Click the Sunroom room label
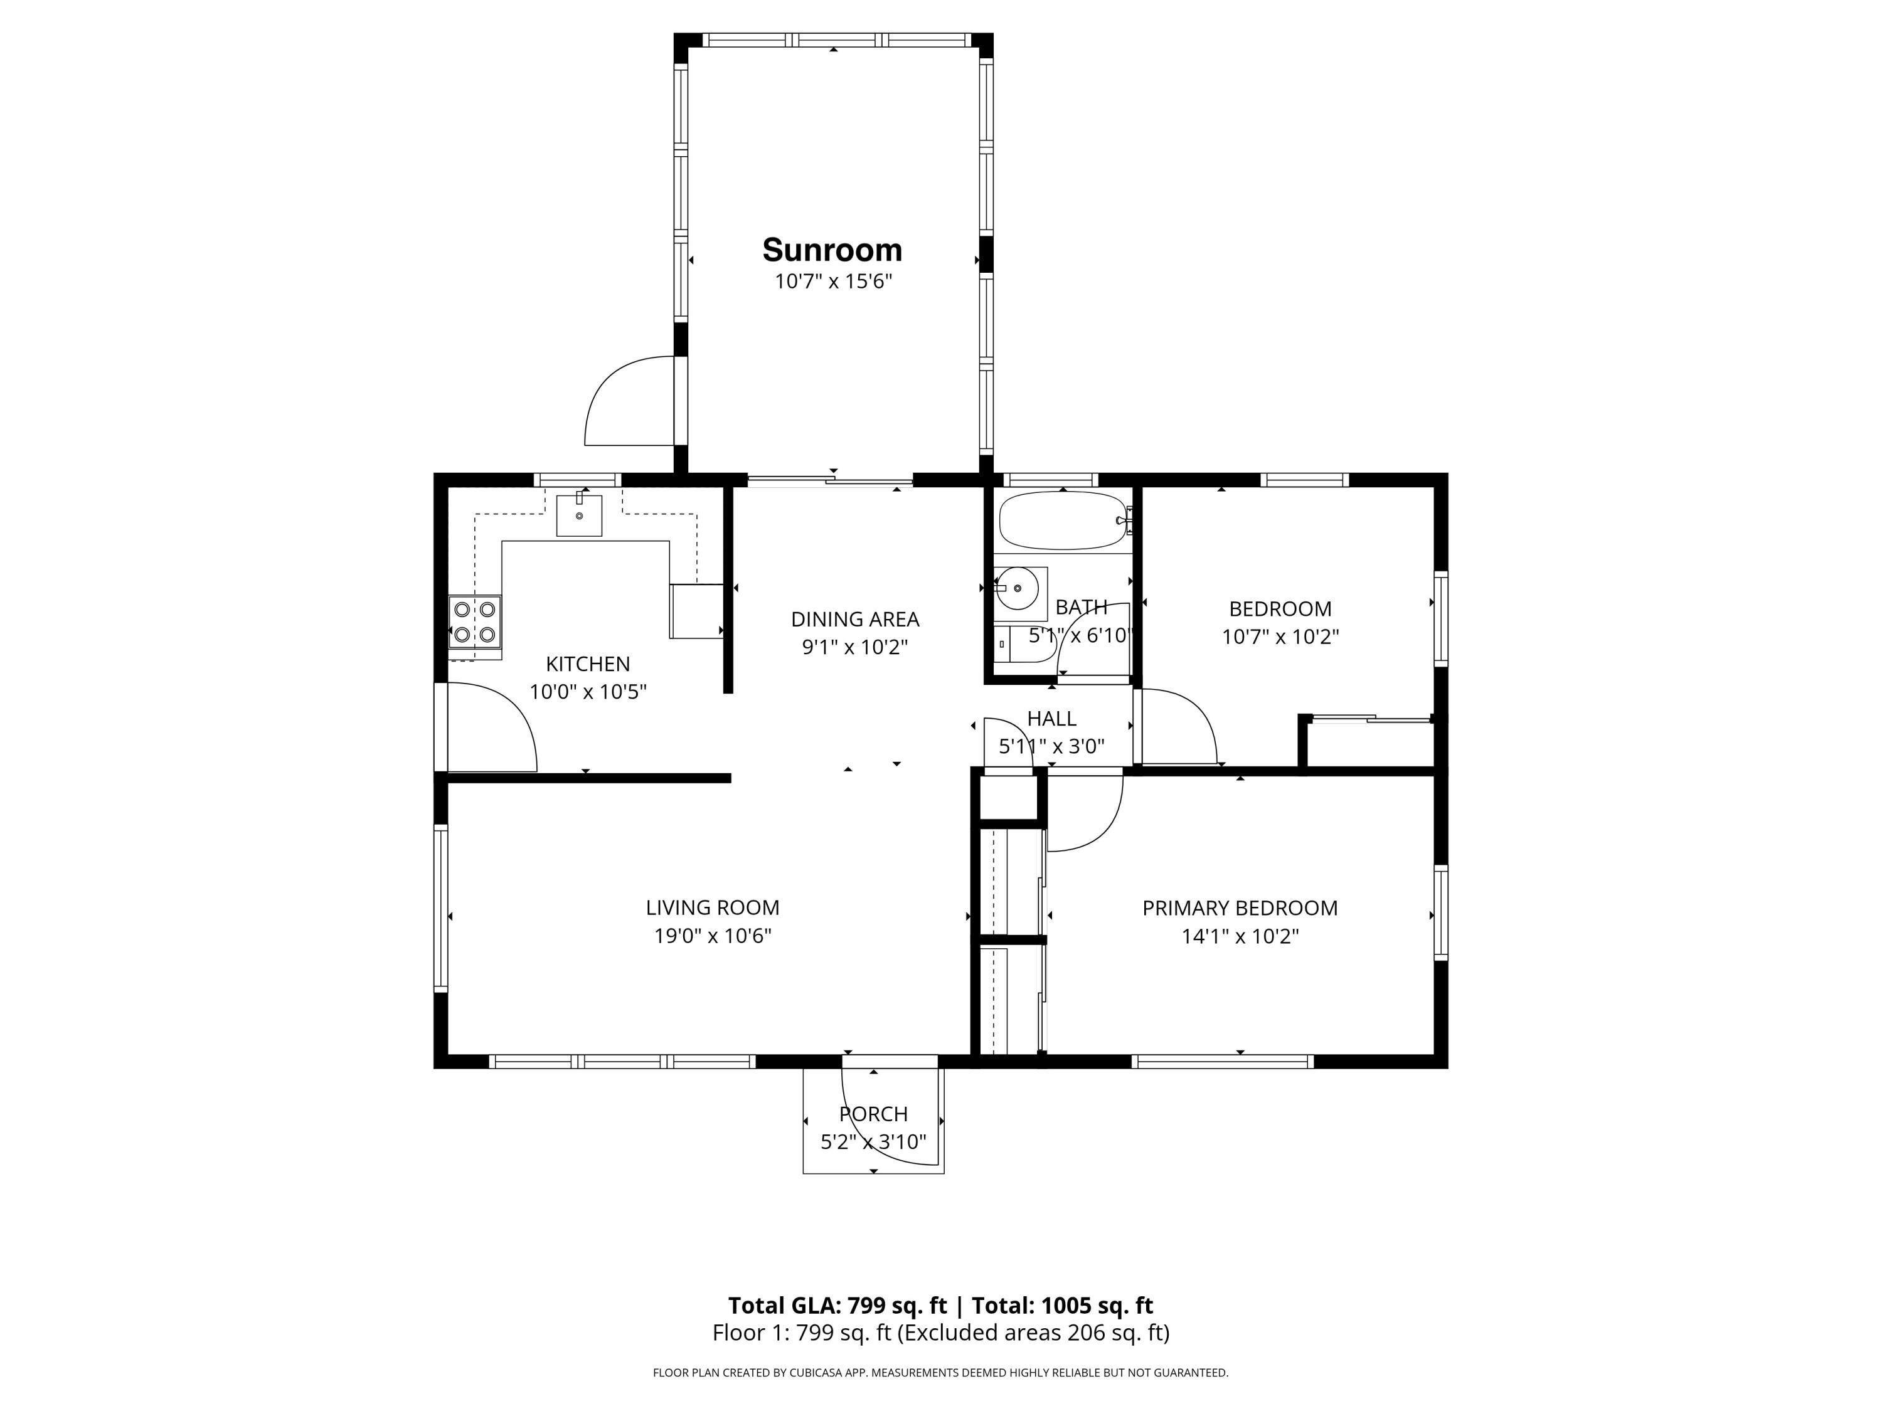[832, 250]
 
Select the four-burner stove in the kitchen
[475, 621]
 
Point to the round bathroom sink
[1018, 588]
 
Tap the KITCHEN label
[588, 664]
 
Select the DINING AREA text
[855, 619]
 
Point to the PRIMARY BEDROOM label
[1240, 907]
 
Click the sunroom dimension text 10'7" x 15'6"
[833, 282]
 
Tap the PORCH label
[874, 1113]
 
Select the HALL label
[1051, 719]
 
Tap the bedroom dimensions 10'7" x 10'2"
[1280, 636]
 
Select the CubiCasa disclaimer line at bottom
[940, 1372]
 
